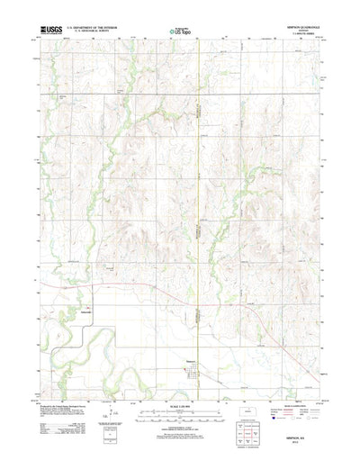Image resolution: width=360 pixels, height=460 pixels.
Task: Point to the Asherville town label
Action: pos(86,312)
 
